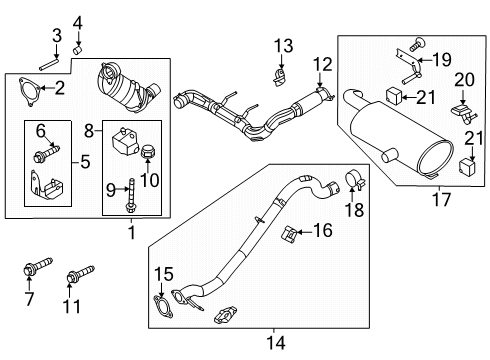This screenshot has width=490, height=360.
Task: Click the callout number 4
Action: click(78, 23)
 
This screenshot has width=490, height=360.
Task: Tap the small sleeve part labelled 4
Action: click(77, 46)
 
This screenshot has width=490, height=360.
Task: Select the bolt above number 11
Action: click(78, 271)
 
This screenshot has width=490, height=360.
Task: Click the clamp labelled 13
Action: click(279, 74)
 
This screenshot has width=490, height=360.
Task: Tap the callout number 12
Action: click(322, 66)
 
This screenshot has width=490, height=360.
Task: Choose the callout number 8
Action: click(89, 129)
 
